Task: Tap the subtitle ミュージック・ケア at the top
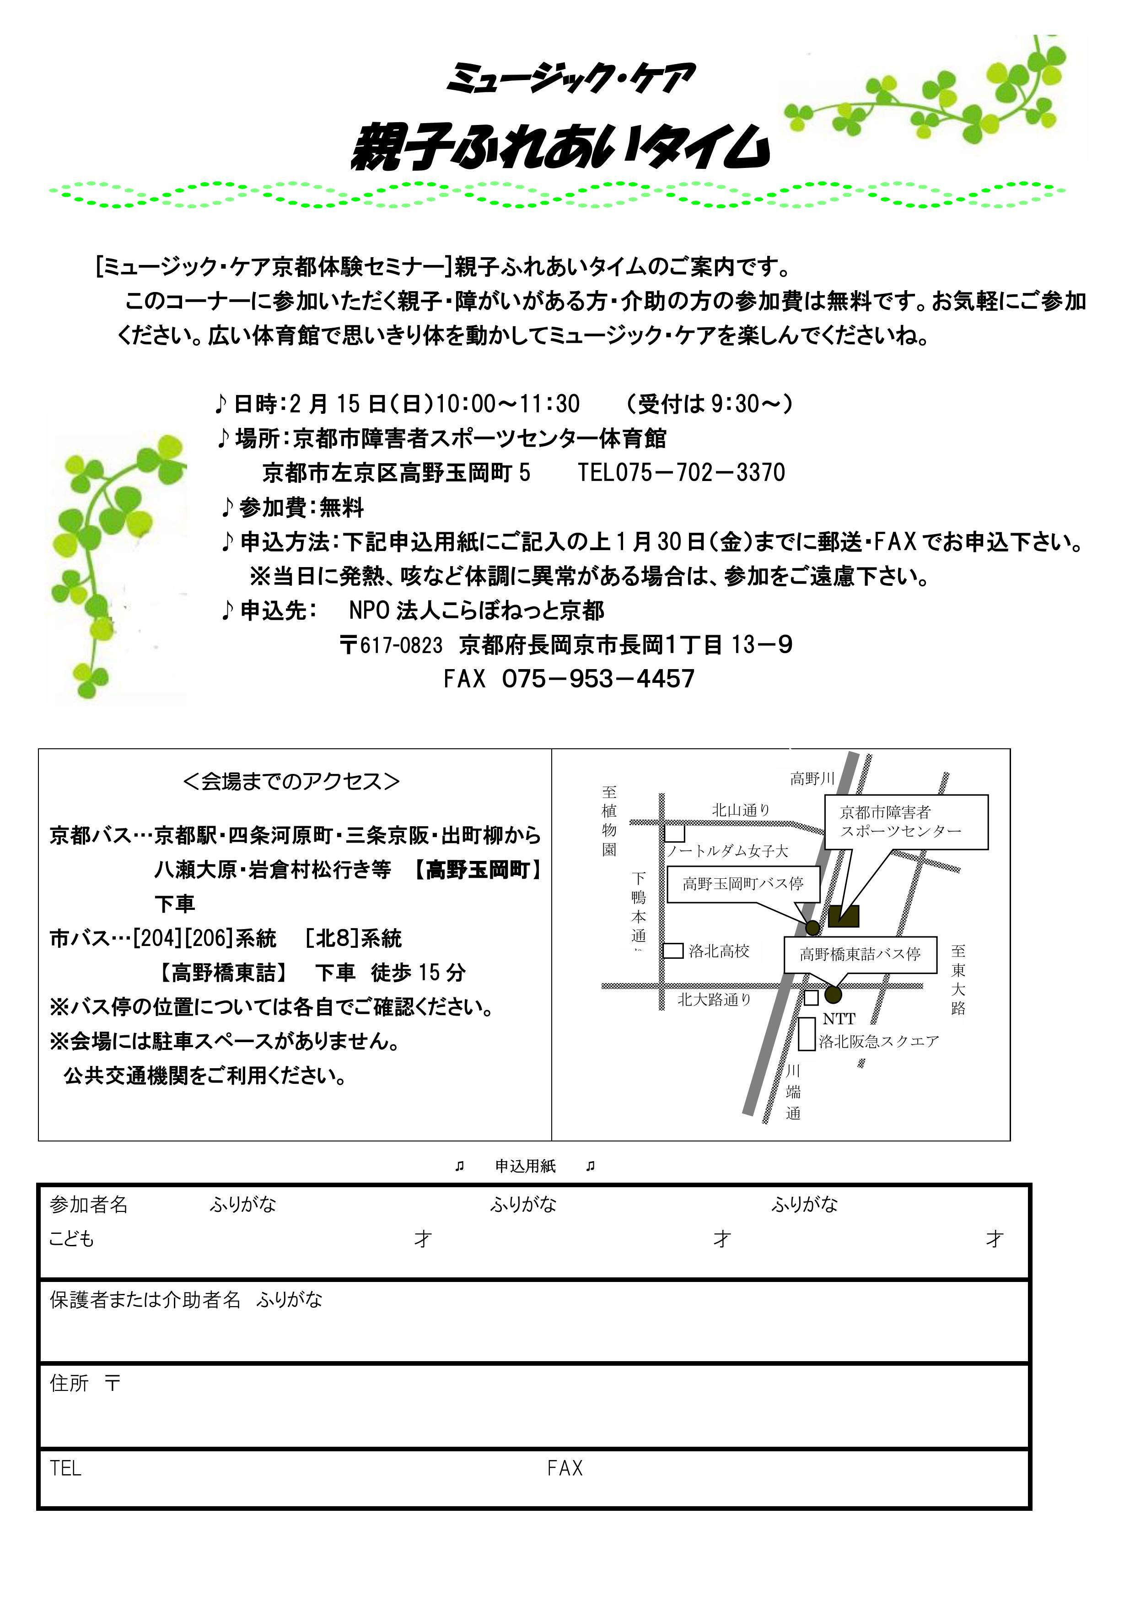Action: [x=570, y=78]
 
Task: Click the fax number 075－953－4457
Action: [x=598, y=678]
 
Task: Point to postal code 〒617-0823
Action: [x=392, y=645]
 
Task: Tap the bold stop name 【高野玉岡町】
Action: [x=478, y=870]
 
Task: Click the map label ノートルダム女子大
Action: [x=727, y=851]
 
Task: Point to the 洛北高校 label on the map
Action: [x=719, y=952]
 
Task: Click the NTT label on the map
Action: [x=839, y=1019]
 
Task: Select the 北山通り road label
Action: [x=741, y=810]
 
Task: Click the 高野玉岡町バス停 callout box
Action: [x=742, y=884]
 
